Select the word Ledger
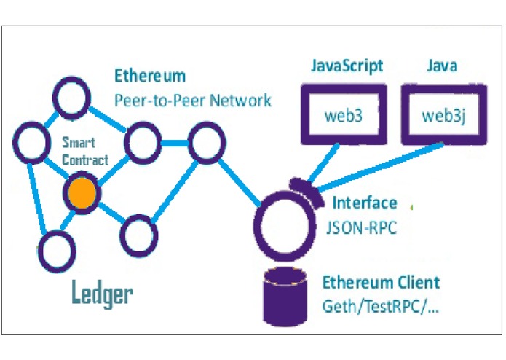102,293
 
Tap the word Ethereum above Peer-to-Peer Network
149,75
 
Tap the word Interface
365,203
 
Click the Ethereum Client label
381,282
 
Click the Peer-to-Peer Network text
192,100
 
